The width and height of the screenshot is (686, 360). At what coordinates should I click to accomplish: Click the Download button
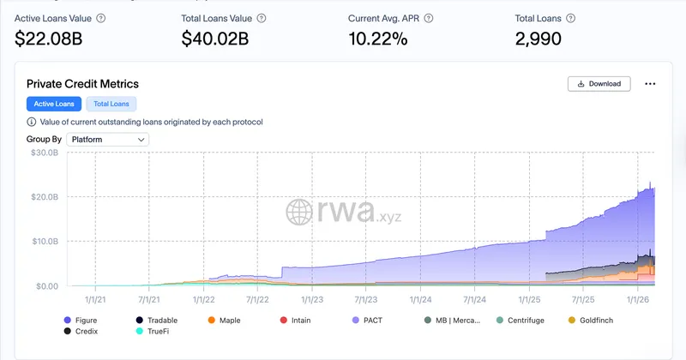[x=599, y=84]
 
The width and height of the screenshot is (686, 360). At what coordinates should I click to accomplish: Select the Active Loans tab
[x=54, y=104]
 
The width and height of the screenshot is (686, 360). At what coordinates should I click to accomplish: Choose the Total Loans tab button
[x=111, y=104]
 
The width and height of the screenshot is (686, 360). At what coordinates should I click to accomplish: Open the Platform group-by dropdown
[x=107, y=139]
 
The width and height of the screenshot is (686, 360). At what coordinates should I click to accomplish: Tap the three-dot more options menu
[x=650, y=84]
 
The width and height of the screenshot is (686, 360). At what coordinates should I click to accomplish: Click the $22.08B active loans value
[x=49, y=39]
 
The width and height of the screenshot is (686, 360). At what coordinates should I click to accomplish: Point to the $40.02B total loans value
[x=215, y=39]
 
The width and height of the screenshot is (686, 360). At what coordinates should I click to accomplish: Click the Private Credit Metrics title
[x=82, y=84]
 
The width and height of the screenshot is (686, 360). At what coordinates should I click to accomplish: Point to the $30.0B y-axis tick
[x=44, y=153]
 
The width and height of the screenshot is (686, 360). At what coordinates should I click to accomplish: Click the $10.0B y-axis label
[x=44, y=242]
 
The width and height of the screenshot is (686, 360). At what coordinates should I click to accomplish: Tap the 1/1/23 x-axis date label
[x=311, y=300]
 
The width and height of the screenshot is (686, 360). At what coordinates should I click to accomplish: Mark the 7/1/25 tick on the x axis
[x=582, y=300]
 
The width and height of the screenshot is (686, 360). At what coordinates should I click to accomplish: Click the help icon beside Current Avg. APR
[x=429, y=18]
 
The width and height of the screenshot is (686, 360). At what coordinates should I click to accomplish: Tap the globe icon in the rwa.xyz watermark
[x=300, y=213]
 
